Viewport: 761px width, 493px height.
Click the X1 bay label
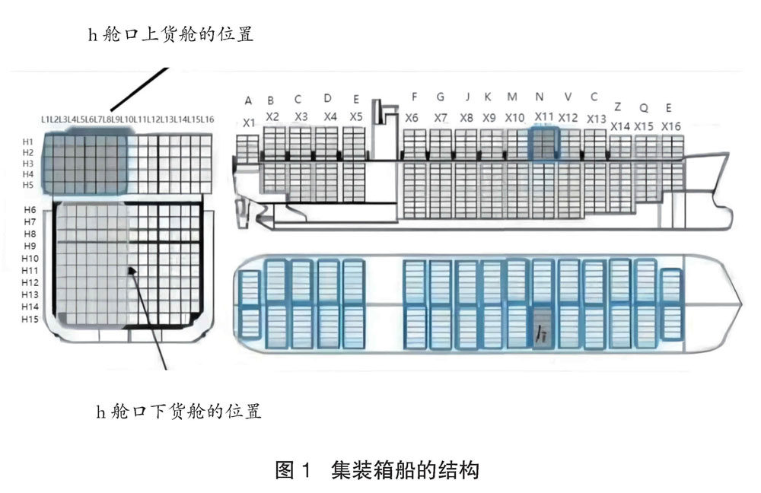pos(249,122)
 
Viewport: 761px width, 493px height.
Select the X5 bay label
pos(356,117)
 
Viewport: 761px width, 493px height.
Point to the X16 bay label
pos(670,126)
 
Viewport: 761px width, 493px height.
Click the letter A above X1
pos(248,100)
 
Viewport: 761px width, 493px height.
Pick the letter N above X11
pos(540,97)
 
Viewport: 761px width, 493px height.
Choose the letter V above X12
pos(568,97)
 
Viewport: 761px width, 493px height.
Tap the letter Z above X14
pos(617,107)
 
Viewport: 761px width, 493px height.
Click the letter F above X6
pos(414,97)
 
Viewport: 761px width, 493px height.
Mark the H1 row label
pos(28,142)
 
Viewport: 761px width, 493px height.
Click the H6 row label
pos(30,209)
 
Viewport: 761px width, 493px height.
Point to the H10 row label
pos(30,259)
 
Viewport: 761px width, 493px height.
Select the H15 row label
pos(30,319)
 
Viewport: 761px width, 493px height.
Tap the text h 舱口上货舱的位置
pos(171,35)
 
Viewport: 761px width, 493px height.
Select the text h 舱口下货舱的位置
pos(179,412)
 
